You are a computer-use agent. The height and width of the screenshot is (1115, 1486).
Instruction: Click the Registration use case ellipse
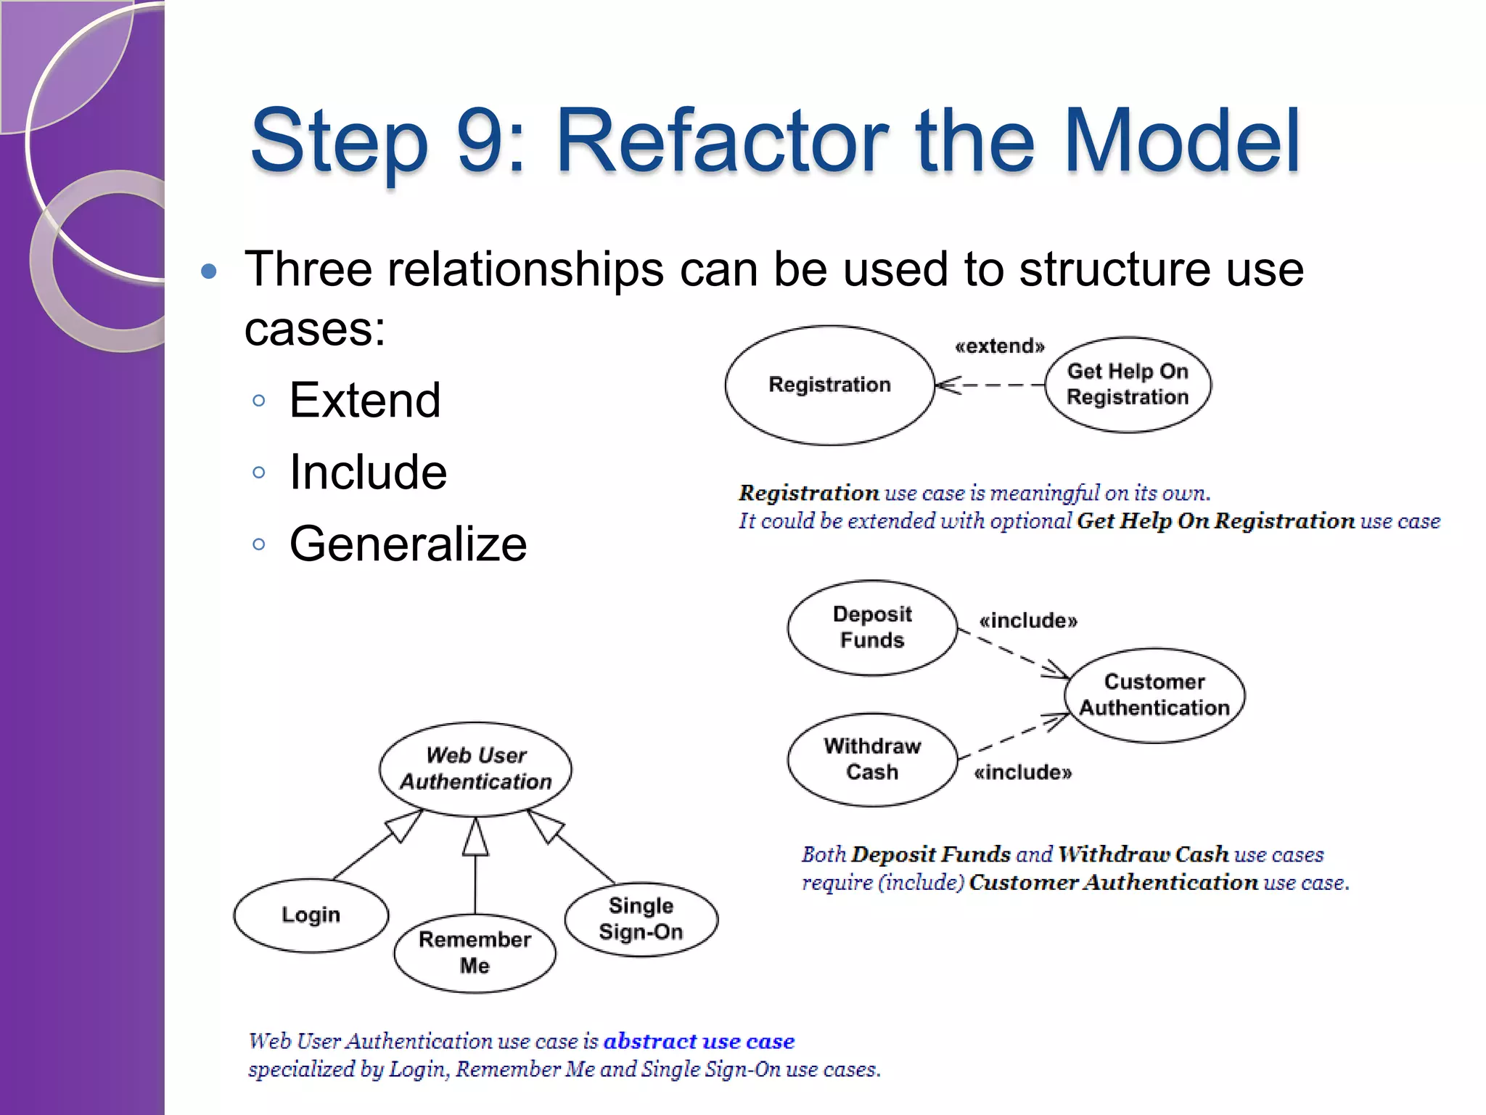coord(829,385)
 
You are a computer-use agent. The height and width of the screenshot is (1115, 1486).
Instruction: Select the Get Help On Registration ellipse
coord(1128,385)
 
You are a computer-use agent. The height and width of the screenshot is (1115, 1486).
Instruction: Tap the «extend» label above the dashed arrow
coord(1000,346)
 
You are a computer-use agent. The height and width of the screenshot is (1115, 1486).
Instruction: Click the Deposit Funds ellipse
coord(872,627)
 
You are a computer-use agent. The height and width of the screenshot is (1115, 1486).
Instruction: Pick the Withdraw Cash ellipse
coord(872,759)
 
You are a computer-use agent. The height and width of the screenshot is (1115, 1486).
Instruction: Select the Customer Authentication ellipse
coord(1154,695)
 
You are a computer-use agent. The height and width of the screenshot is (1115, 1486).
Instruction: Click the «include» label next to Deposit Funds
coord(1028,621)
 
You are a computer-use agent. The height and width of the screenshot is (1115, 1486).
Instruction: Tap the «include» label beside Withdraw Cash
coord(1022,772)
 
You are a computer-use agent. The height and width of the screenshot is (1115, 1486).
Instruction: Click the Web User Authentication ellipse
coord(475,768)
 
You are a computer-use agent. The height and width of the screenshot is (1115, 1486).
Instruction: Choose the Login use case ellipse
coord(311,915)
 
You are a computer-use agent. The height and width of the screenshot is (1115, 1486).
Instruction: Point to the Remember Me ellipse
coord(475,952)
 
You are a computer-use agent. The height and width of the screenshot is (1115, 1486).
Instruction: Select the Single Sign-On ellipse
coord(641,919)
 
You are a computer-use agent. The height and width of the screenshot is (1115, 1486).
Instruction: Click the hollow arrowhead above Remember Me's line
coord(475,838)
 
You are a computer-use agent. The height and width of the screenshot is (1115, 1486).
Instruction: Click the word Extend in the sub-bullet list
coord(364,400)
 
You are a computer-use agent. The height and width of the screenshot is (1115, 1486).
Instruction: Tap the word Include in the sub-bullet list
coord(368,472)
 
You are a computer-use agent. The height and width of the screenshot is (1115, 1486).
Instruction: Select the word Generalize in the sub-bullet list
coord(408,544)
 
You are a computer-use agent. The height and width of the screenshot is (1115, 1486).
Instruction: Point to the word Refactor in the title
coord(722,141)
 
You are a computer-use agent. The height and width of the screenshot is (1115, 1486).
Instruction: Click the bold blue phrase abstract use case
coord(699,1041)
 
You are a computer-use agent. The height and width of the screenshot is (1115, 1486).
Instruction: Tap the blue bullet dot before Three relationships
coord(209,271)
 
